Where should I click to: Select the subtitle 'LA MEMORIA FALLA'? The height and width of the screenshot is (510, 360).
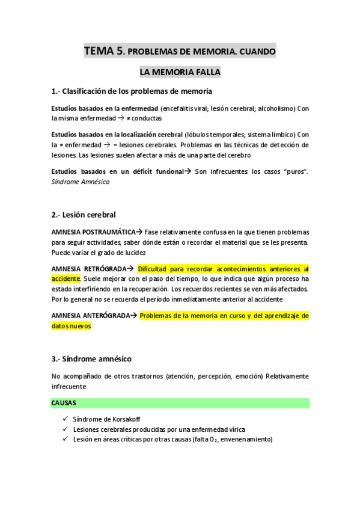click(180, 73)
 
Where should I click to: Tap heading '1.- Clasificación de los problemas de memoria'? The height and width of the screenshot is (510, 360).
click(132, 91)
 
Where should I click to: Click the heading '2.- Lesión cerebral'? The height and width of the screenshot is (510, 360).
click(84, 215)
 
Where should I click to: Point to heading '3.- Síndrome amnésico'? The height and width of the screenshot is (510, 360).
click(91, 359)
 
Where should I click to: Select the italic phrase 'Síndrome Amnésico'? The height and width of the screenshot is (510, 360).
click(81, 182)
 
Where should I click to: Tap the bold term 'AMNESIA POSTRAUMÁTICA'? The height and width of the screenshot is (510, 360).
click(93, 232)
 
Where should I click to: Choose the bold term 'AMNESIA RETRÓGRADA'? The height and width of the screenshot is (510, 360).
click(88, 268)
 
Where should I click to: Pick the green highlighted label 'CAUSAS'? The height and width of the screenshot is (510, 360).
click(64, 402)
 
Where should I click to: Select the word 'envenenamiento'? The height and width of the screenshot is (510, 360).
click(246, 440)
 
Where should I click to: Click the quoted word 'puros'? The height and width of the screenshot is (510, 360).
click(294, 172)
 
